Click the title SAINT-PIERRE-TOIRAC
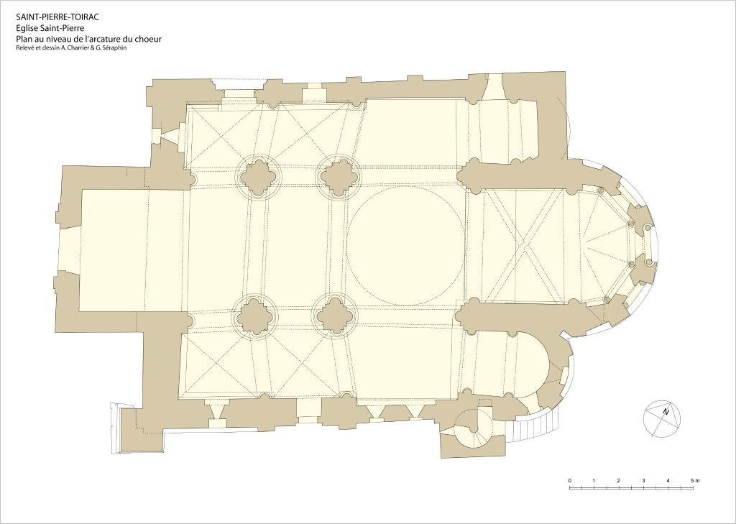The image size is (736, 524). pyautogui.click(x=57, y=18)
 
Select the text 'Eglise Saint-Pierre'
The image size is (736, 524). pyautogui.click(x=50, y=28)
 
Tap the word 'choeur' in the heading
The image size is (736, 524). pyautogui.click(x=146, y=39)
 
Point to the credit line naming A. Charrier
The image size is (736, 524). pyautogui.click(x=71, y=47)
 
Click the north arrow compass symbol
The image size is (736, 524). pyautogui.click(x=662, y=419)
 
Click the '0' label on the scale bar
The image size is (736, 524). pyautogui.click(x=570, y=481)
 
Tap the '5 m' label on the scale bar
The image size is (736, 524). pyautogui.click(x=695, y=481)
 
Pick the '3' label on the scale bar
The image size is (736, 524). pyautogui.click(x=643, y=481)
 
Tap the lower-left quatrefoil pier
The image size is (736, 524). pyautogui.click(x=254, y=315)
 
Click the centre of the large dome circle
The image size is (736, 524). pyautogui.click(x=405, y=245)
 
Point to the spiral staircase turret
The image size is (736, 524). pyautogui.click(x=473, y=428)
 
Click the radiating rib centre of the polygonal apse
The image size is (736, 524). pyautogui.click(x=586, y=244)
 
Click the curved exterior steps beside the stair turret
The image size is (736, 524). pyautogui.click(x=535, y=425)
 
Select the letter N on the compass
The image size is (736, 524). pyautogui.click(x=666, y=413)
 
